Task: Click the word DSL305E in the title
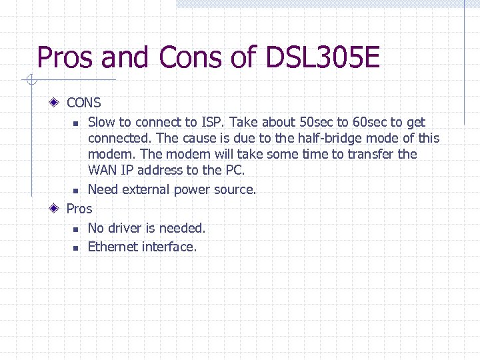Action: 323,57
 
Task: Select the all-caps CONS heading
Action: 84,103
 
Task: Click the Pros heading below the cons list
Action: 79,209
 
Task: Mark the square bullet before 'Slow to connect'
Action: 75,123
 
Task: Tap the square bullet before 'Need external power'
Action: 75,191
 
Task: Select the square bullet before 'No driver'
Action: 75,229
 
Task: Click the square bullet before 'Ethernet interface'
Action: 75,248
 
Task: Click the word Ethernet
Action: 114,247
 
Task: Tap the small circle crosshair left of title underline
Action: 30,81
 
